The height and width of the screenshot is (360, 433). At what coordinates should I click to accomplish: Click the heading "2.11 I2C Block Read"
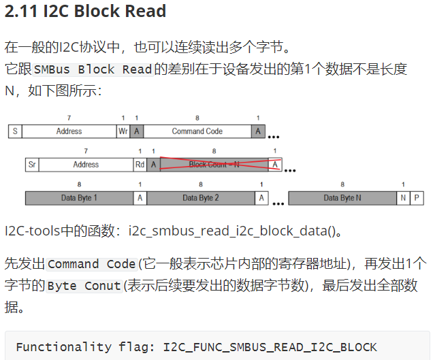coord(86,13)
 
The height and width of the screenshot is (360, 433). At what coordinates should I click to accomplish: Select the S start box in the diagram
coord(14,131)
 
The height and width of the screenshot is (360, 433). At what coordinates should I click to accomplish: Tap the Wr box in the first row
coord(123,131)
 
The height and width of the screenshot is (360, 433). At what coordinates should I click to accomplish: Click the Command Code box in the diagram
coord(197,131)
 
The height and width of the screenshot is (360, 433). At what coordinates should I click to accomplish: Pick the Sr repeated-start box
coord(31,164)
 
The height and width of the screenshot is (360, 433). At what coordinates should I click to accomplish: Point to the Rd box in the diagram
coord(140,164)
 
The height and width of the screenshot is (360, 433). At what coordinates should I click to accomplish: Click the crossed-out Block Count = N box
coord(214,164)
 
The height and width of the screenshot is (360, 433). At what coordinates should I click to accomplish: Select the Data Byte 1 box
coord(79,198)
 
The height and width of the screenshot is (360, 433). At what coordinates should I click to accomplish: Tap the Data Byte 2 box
coord(200,198)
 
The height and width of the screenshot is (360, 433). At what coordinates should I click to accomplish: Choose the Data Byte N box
coord(342,198)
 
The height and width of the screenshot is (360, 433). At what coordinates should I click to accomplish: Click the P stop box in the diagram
coord(416,198)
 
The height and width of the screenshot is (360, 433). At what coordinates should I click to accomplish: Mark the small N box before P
coord(403,198)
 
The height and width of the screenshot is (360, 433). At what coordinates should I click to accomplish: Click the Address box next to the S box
coord(69,131)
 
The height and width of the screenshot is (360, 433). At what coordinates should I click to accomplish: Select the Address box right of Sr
coord(86,164)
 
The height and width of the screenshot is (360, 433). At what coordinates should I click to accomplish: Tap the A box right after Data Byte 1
coord(140,198)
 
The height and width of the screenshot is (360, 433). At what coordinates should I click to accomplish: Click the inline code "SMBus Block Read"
coord(93,69)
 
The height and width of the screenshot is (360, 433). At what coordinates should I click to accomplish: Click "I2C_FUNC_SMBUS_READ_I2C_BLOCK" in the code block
coord(270,346)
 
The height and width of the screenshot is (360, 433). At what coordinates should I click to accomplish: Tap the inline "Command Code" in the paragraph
coord(92,264)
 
